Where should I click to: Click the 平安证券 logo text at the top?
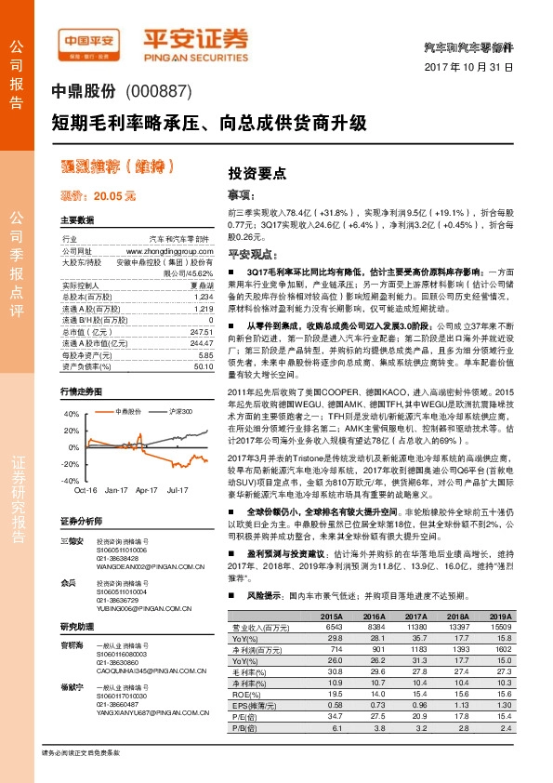[x=195, y=37]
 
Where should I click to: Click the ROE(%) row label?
[x=244, y=720]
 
